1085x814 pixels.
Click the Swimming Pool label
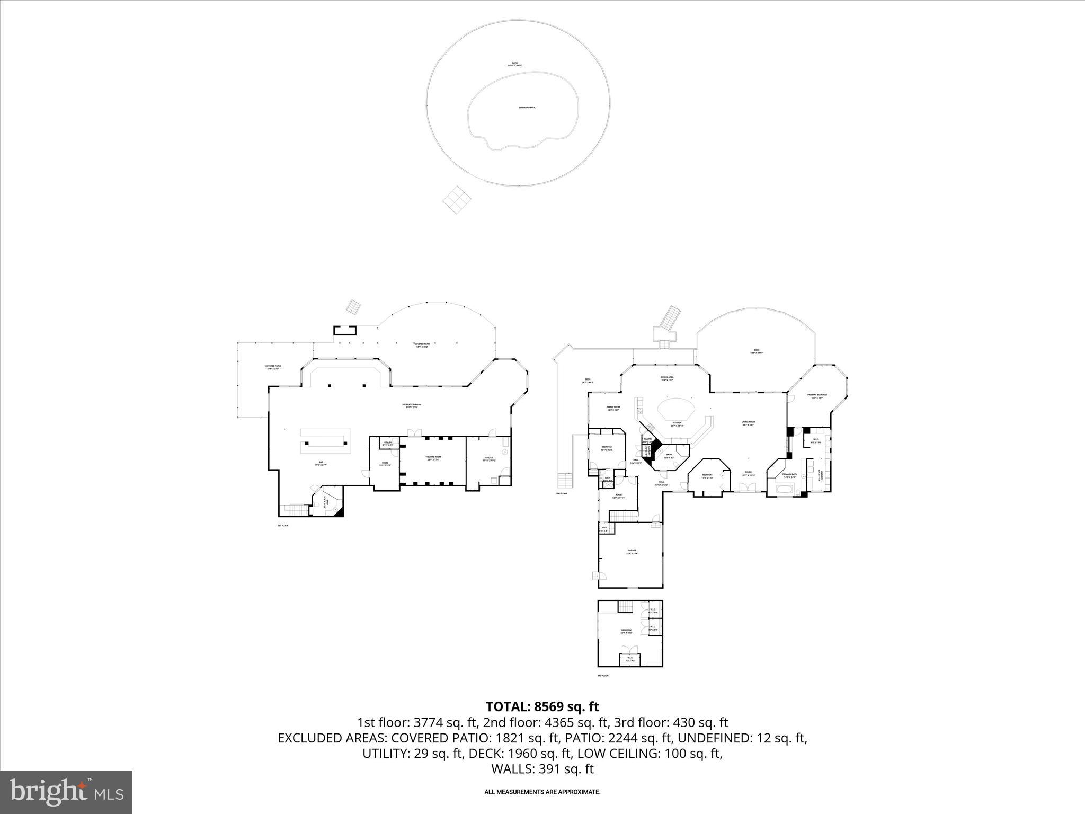[527, 108]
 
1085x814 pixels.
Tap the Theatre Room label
[433, 457]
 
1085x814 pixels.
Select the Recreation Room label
[415, 405]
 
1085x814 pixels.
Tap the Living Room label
[748, 423]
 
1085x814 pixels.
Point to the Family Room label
[613, 408]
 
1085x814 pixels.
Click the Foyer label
[748, 473]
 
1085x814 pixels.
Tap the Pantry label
[648, 439]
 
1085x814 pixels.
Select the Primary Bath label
[789, 475]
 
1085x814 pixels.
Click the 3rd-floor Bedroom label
[626, 631]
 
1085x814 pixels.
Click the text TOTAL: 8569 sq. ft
[542, 706]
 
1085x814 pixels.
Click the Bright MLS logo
[66, 792]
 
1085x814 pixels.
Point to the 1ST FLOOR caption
[283, 526]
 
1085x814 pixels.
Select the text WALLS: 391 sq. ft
[542, 769]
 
